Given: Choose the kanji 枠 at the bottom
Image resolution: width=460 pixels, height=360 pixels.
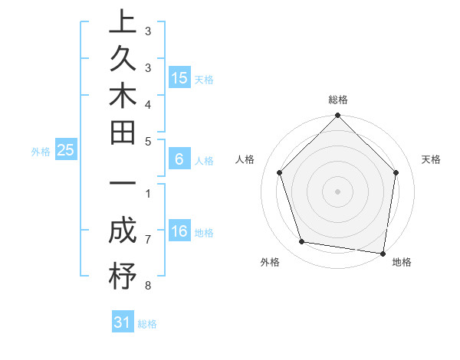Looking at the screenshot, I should pos(123,276).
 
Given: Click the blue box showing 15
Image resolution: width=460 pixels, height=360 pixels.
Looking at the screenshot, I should pos(179,78).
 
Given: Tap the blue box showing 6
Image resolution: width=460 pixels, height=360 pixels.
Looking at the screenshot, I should pos(179,160).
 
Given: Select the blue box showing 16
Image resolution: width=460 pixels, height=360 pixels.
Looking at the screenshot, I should pos(179,232).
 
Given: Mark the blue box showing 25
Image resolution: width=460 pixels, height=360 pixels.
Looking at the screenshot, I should pos(66,151).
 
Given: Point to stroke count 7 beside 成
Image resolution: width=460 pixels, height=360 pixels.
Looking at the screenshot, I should pos(147,240).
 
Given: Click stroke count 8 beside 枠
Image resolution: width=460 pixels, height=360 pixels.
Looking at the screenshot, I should pos(147,286).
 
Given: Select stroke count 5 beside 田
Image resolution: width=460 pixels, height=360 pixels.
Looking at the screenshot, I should pos(147,141).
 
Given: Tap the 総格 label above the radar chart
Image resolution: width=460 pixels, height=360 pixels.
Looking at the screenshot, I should pos(338,100).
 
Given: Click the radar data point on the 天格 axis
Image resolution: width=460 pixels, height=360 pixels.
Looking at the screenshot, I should pos(396,172).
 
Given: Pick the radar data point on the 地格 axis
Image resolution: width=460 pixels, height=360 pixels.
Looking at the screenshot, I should pos(383,253).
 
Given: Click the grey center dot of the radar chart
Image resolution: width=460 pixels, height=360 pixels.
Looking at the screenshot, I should pos(338,191).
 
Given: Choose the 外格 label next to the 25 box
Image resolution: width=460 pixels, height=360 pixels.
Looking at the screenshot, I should pos(40,152).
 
